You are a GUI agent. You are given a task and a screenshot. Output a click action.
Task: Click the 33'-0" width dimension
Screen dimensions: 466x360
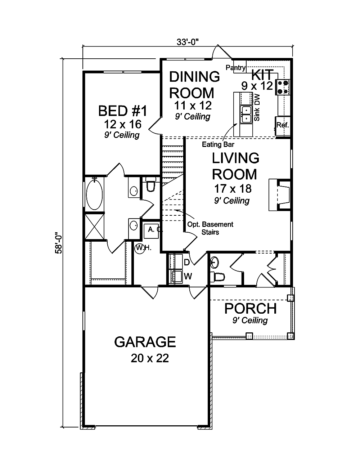(x=188, y=41)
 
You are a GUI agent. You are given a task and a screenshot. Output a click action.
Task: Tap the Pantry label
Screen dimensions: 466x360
(x=236, y=67)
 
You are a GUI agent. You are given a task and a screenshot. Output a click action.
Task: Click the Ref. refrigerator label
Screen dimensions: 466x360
(x=283, y=125)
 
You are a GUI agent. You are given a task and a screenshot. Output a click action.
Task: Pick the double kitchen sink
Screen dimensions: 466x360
(x=247, y=114)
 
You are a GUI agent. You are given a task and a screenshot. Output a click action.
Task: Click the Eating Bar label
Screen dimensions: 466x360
(x=218, y=145)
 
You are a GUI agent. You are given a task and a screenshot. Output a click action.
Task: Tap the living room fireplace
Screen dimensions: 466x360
(x=279, y=195)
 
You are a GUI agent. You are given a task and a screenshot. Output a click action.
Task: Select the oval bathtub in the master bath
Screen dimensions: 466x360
(x=95, y=195)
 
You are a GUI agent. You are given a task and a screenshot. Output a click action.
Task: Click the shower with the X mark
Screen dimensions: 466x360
(x=95, y=227)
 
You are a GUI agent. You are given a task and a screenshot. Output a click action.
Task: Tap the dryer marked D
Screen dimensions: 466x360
(x=177, y=262)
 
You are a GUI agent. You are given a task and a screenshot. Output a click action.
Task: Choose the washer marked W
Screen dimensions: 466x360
(x=177, y=277)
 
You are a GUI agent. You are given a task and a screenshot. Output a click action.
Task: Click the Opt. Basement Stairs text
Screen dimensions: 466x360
(x=210, y=228)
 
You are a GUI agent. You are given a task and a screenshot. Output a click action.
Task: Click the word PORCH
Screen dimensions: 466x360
(x=251, y=309)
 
